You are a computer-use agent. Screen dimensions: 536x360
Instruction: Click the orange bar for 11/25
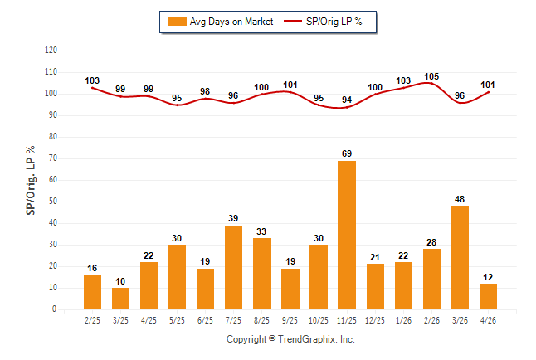pos(347,236)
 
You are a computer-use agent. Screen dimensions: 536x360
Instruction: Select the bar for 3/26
pos(460,257)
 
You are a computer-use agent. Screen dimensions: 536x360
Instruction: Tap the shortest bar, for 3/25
pos(120,299)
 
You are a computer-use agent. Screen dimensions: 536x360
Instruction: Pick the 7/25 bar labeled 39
pos(233,267)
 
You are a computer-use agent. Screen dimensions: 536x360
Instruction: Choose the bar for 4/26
pos(488,296)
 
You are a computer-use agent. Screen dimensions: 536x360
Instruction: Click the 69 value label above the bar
pos(347,153)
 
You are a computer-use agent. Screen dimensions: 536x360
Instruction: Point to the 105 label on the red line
pos(431,76)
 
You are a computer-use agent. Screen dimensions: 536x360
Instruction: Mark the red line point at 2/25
pos(92,88)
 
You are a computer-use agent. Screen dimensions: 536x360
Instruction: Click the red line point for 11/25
pos(347,107)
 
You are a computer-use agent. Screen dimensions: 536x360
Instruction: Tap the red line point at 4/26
pos(488,92)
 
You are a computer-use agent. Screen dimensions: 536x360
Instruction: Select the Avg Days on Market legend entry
pos(220,22)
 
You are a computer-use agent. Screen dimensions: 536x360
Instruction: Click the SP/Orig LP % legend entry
pos(323,22)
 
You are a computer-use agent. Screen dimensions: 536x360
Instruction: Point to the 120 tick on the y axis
pos(51,51)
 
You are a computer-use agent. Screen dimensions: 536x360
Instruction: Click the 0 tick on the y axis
pos(54,309)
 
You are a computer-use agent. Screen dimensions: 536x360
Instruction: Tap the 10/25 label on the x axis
pos(319,320)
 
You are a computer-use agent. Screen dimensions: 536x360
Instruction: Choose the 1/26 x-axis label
pos(403,320)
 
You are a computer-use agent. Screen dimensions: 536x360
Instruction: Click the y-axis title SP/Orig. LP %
pos(31,180)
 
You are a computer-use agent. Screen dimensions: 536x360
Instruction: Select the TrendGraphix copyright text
pos(290,339)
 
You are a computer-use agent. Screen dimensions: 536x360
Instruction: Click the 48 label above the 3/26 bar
pos(460,199)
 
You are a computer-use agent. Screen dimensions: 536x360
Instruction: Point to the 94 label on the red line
pos(347,100)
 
